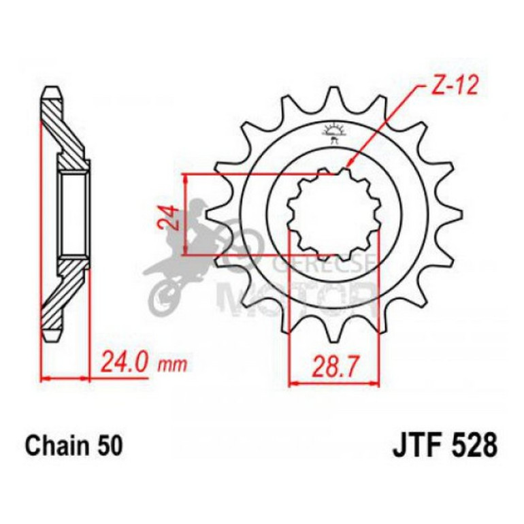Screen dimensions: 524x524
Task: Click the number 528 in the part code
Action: (472, 448)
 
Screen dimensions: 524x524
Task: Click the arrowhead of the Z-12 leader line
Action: (349, 165)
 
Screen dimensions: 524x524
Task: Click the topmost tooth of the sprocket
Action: (334, 95)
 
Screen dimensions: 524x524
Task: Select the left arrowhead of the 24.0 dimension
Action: (45, 376)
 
